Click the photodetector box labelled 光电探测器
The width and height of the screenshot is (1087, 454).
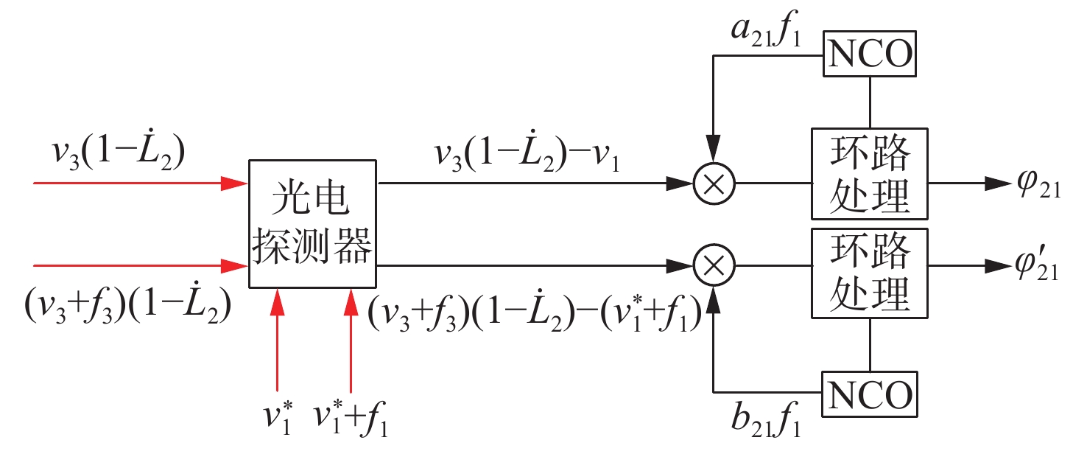coord(312,223)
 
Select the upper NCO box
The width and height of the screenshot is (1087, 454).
coord(870,53)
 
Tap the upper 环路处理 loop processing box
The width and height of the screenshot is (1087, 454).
coord(870,174)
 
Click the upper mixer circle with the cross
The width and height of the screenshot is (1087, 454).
coord(714,185)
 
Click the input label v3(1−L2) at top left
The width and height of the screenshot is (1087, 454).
coord(118,150)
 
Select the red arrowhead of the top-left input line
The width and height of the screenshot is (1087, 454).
coord(236,185)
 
